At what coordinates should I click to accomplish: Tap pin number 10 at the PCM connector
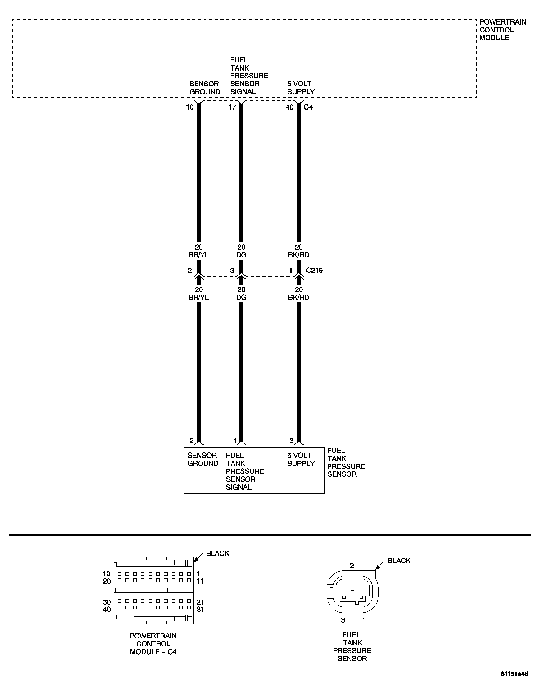(190, 107)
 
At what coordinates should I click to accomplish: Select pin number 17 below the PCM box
(232, 107)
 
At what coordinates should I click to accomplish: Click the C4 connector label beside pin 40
(308, 107)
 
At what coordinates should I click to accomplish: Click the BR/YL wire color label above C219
(199, 255)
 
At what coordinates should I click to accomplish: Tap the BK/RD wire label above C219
(299, 255)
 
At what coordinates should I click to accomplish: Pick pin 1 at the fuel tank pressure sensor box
(235, 440)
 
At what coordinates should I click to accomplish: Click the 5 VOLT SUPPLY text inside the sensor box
(301, 459)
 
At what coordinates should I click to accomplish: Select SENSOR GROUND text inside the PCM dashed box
(204, 88)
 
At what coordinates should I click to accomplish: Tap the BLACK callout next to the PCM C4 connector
(218, 553)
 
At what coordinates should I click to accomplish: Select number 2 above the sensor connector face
(351, 566)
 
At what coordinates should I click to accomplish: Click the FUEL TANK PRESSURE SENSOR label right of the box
(346, 462)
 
